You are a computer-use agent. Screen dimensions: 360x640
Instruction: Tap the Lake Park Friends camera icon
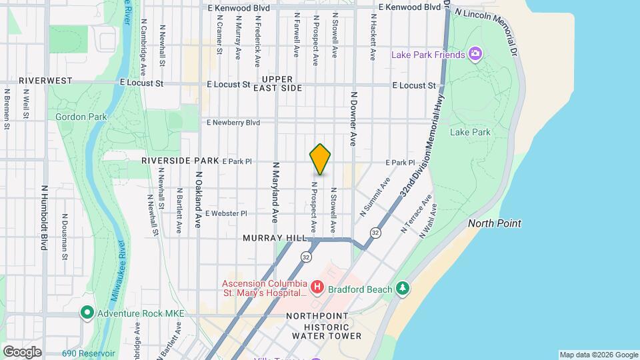(x=475, y=53)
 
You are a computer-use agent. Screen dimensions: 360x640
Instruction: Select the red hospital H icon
(x=317, y=288)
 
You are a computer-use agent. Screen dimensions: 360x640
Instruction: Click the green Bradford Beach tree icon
(x=402, y=288)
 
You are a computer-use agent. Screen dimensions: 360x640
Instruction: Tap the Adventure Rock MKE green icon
(x=87, y=312)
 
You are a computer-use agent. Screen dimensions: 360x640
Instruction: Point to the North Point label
(x=494, y=223)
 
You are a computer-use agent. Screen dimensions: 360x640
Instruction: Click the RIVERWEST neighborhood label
(x=45, y=80)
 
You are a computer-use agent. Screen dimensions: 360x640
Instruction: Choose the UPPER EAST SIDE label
(x=274, y=83)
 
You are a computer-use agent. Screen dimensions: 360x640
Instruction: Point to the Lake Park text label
(x=470, y=132)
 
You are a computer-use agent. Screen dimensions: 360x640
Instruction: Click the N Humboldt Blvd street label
(x=44, y=217)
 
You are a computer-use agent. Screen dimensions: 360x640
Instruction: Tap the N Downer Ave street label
(x=353, y=119)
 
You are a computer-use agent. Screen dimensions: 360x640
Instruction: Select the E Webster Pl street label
(x=226, y=213)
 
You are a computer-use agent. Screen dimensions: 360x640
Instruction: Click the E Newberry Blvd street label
(x=233, y=123)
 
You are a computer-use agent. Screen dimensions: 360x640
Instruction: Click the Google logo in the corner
(x=22, y=351)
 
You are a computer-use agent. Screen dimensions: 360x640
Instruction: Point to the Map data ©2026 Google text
(x=599, y=355)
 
